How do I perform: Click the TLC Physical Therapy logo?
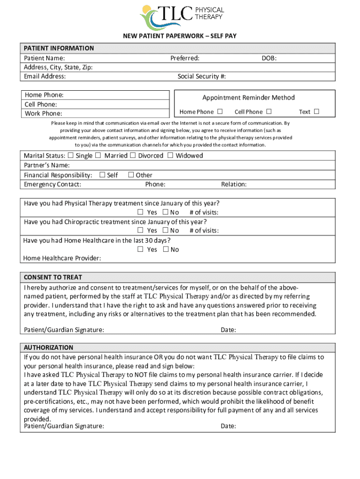point(182,17)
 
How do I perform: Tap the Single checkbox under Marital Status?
point(71,155)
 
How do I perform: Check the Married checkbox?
point(98,155)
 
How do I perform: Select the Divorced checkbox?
point(133,155)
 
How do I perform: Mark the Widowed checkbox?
point(170,155)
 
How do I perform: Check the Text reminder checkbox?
point(317,111)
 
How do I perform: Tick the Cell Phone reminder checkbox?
point(268,111)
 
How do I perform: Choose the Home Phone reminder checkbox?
point(220,111)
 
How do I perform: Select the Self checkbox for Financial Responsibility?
point(102,175)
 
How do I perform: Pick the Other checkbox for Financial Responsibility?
point(131,175)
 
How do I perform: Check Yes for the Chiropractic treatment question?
point(140,230)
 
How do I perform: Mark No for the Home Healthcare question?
point(166,249)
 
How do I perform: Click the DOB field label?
point(269,58)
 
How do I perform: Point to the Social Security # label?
point(202,76)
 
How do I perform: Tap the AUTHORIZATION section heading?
point(49,348)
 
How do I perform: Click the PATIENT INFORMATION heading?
point(59,48)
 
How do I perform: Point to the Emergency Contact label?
point(52,184)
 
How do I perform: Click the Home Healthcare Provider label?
point(62,258)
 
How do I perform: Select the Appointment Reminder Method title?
point(248,97)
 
